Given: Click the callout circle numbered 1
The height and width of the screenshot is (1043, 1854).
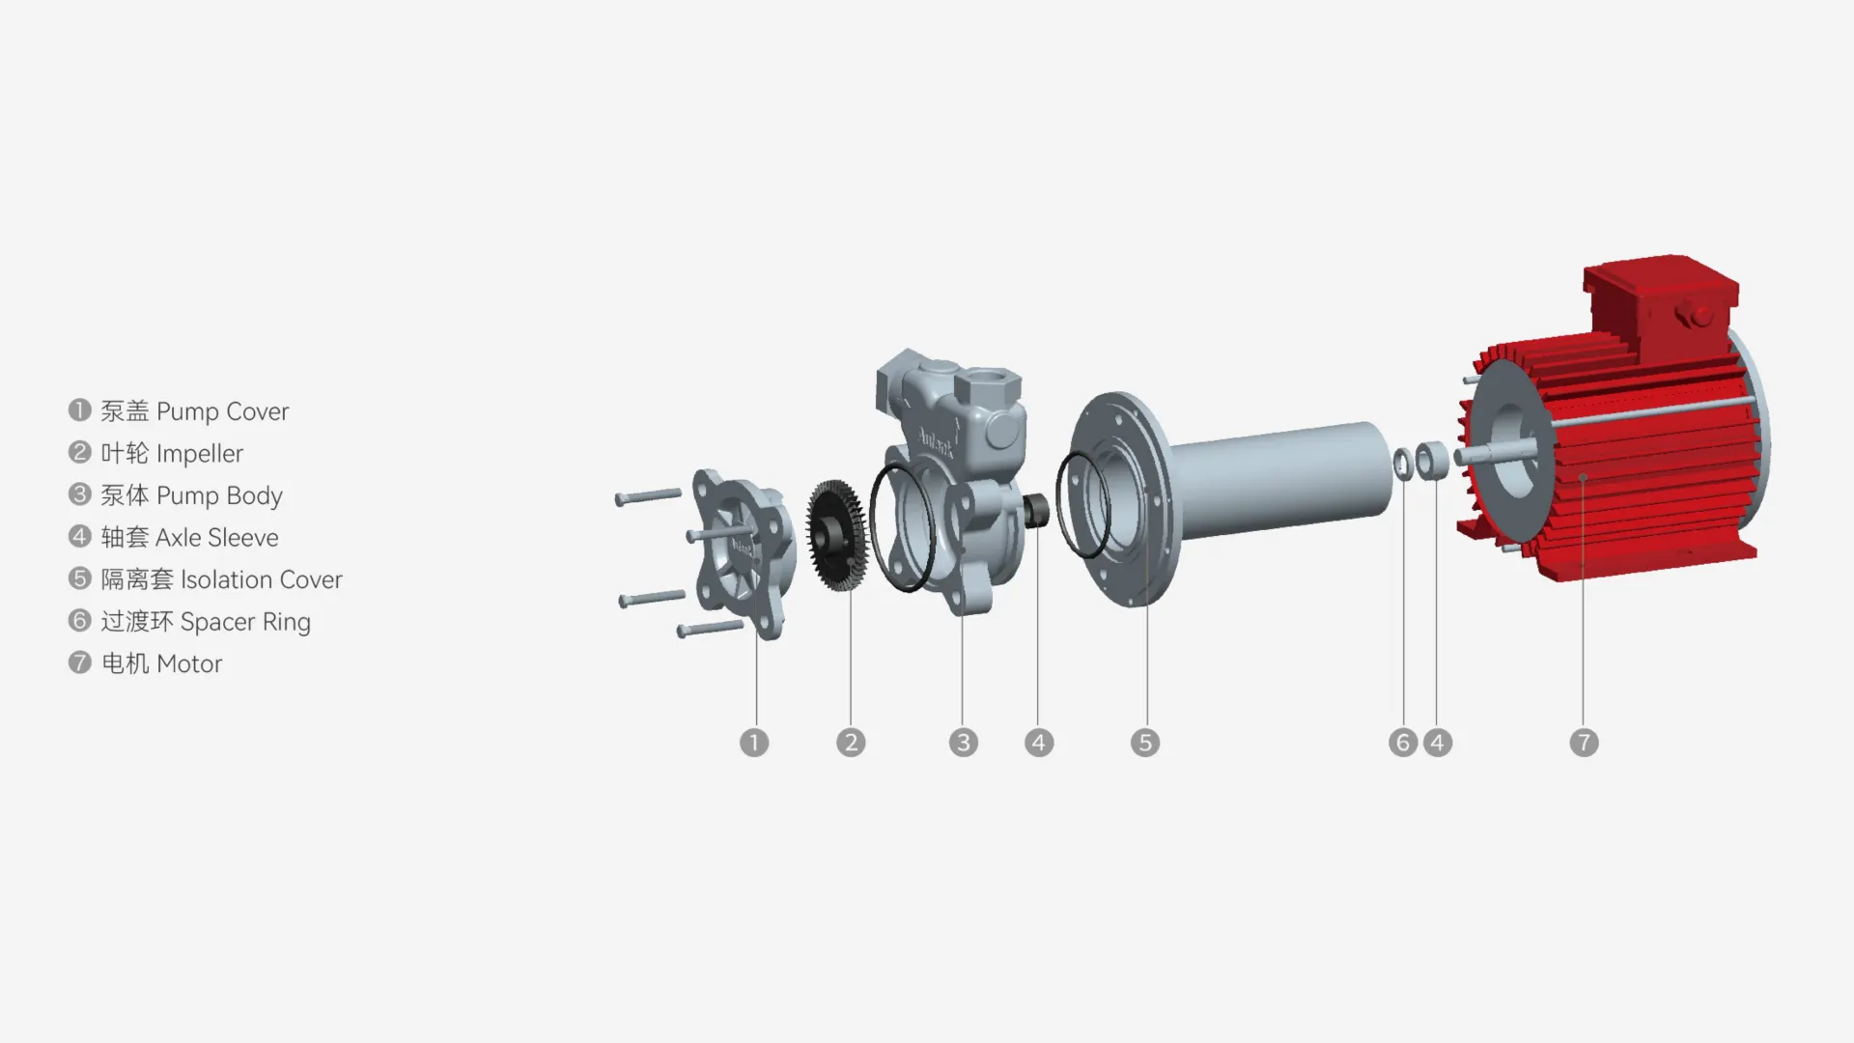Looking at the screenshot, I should [x=754, y=743].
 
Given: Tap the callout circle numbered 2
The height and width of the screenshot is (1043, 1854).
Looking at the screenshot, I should [x=851, y=743].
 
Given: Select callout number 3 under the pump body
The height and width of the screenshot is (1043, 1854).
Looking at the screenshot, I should [x=963, y=743].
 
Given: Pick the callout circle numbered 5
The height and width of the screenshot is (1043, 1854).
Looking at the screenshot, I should [x=1145, y=743].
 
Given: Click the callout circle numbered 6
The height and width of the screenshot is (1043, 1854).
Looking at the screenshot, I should [x=1403, y=743].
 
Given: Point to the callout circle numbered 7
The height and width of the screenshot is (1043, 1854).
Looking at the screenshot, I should [x=1584, y=743].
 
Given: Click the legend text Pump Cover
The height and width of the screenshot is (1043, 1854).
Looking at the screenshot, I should [x=222, y=411].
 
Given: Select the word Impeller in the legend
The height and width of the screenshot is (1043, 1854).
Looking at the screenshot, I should [x=200, y=454].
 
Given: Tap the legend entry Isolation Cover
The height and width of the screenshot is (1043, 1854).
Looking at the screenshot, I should [x=261, y=579].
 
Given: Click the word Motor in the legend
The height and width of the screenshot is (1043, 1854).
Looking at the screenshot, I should [x=189, y=664].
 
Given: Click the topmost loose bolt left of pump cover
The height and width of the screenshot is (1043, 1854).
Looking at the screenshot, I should [x=648, y=496].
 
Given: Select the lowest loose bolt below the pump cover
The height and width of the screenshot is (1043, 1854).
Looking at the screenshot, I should [x=710, y=629].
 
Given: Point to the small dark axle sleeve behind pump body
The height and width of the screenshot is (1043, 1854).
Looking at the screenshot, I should [x=1037, y=510].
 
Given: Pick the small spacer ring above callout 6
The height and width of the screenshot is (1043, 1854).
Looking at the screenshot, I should [x=1402, y=464].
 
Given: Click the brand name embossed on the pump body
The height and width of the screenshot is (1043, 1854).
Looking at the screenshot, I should [x=935, y=442].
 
